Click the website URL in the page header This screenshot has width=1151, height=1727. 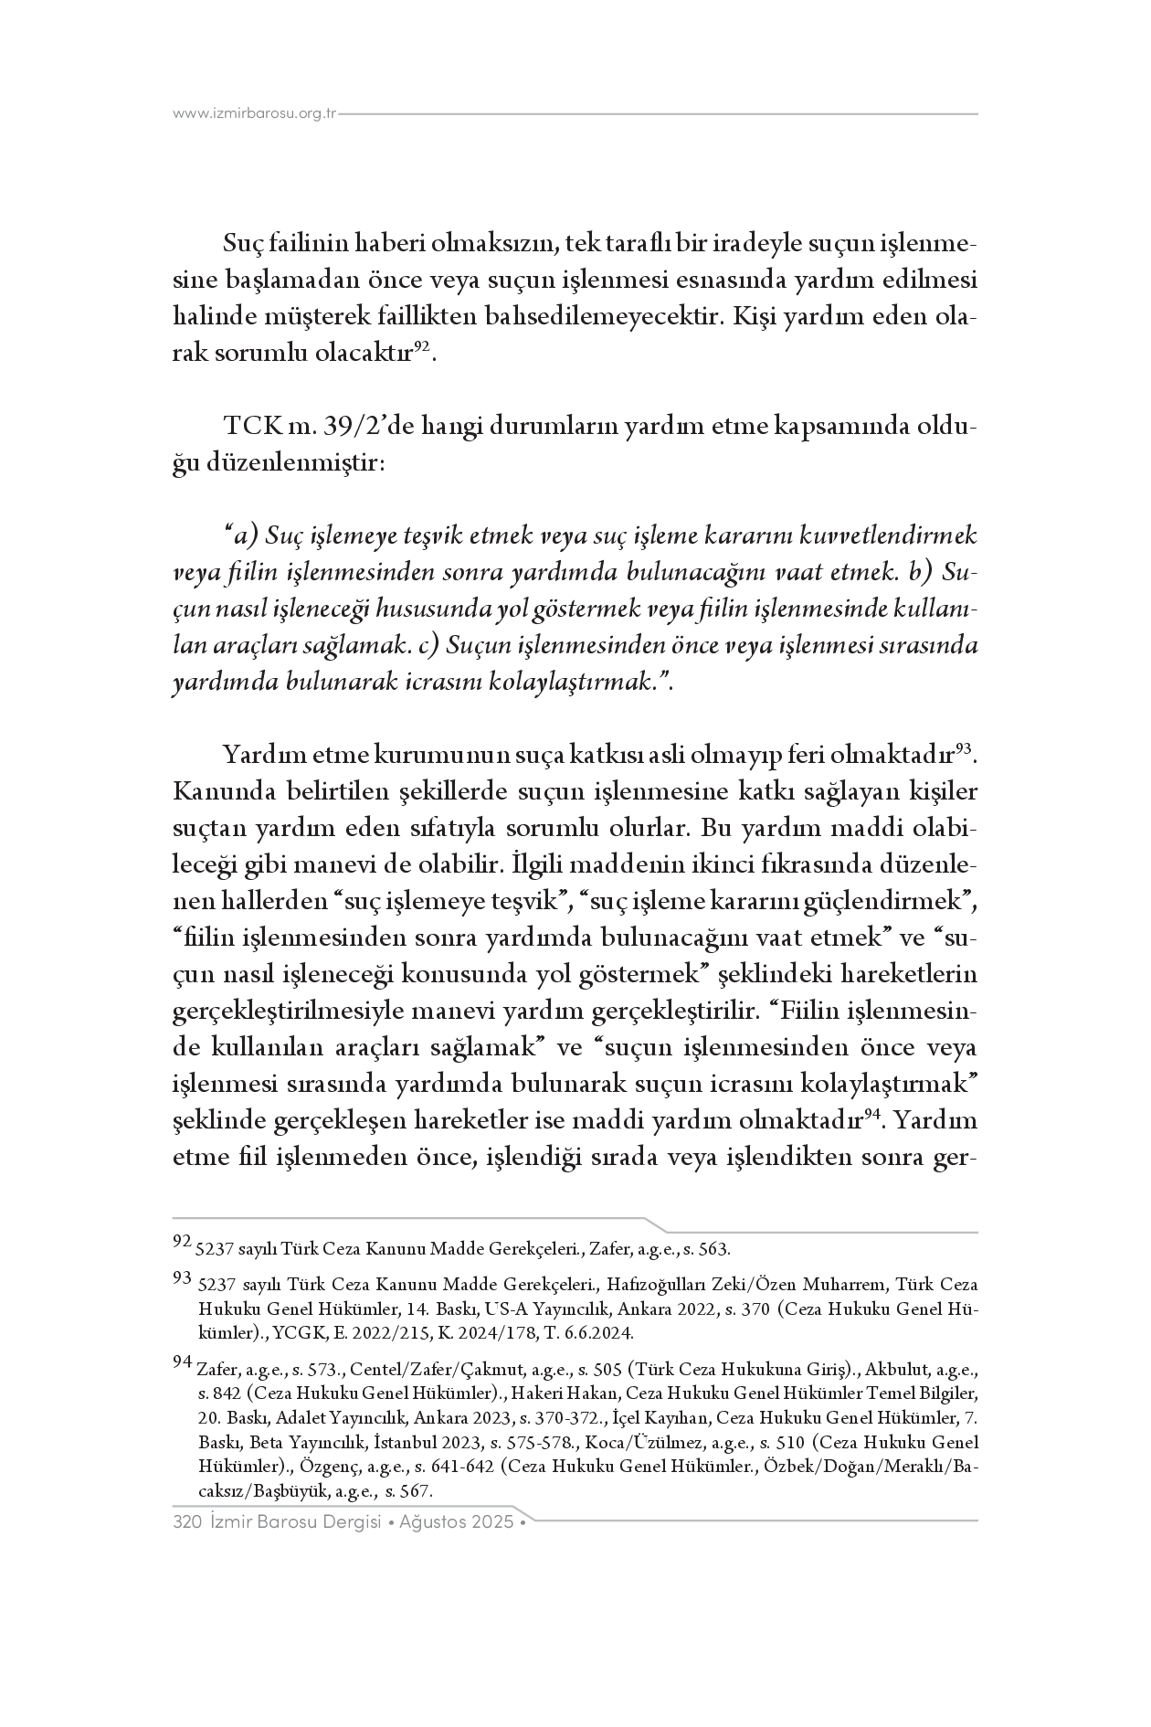(x=255, y=114)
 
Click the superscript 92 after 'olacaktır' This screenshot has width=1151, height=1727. (x=422, y=346)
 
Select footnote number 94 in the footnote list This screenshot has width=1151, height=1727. (x=182, y=1362)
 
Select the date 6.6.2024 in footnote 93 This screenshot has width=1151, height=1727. (x=600, y=1331)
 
